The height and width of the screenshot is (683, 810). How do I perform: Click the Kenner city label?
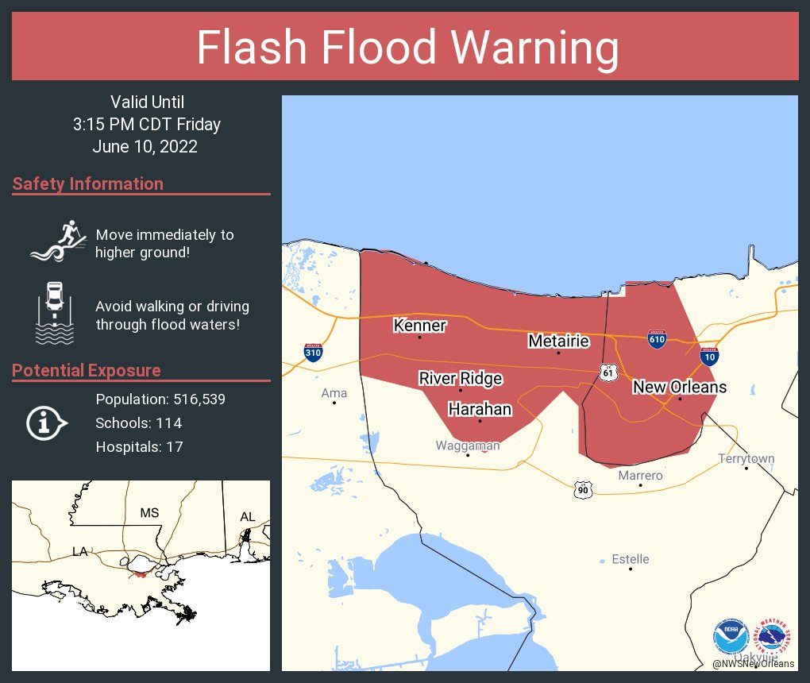tap(420, 326)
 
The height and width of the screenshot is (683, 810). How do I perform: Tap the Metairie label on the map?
tap(559, 341)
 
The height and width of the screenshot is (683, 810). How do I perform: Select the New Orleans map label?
tap(679, 387)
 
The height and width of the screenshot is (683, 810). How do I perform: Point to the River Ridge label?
tap(461, 378)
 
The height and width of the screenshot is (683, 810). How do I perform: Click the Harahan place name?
tap(480, 409)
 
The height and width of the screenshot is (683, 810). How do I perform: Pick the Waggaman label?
tap(468, 446)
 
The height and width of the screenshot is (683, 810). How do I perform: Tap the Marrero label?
tap(640, 475)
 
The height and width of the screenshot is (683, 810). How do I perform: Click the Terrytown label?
tap(746, 458)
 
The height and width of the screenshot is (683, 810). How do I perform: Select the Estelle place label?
tap(631, 559)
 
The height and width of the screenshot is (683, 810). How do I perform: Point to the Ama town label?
tap(334, 393)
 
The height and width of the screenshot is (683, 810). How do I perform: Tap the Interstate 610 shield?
tap(656, 339)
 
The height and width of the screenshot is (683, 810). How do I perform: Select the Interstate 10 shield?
tap(710, 355)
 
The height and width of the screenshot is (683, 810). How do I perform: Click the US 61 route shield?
tap(608, 372)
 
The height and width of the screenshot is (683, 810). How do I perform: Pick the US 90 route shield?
tap(583, 489)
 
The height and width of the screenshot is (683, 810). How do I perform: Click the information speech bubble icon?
tap(46, 423)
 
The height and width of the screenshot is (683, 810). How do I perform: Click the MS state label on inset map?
tap(149, 512)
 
